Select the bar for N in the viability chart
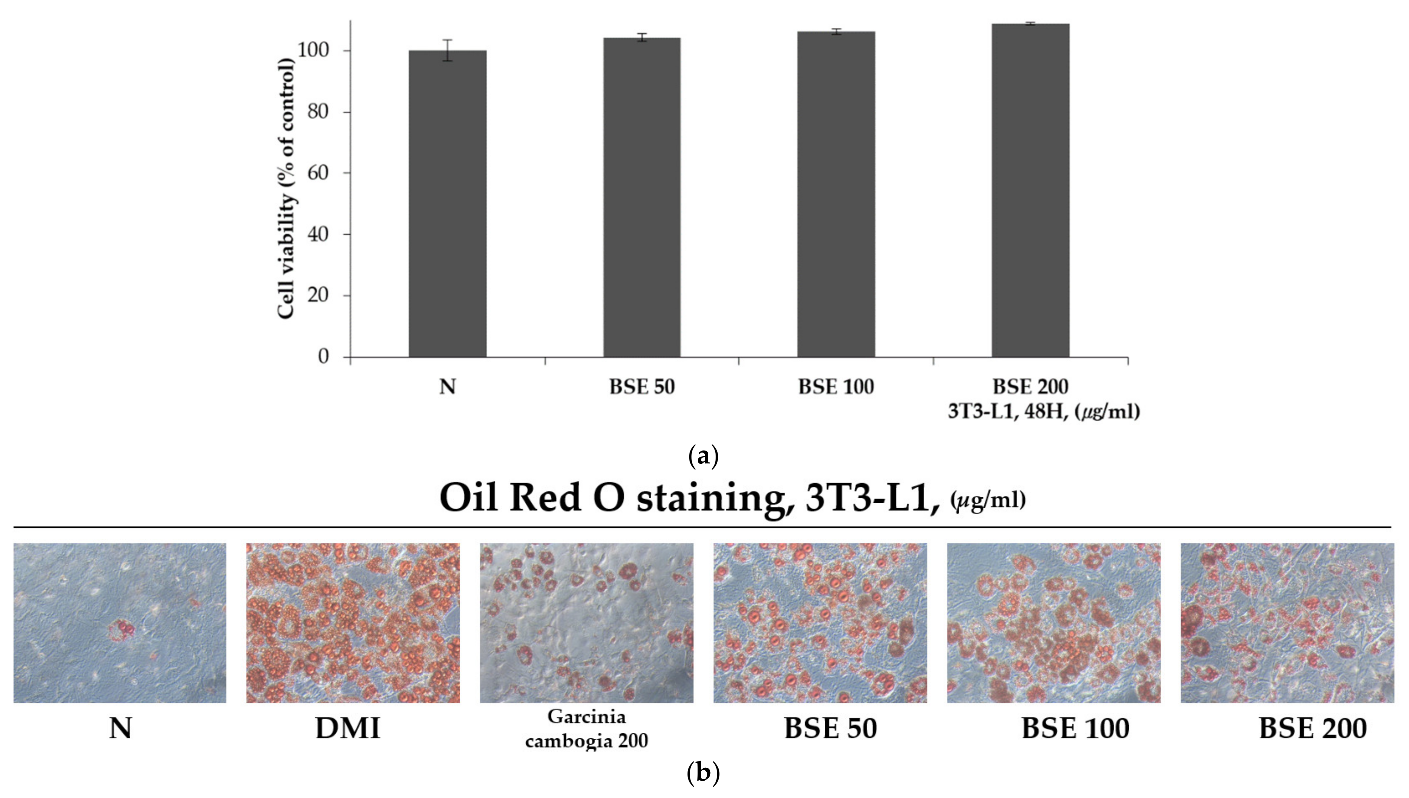click(447, 204)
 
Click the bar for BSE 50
click(642, 197)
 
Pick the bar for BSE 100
click(836, 194)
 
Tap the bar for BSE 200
click(1030, 191)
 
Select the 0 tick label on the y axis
click(323, 357)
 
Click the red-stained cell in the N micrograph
click(122, 630)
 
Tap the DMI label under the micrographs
click(348, 728)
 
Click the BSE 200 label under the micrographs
click(1312, 728)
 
